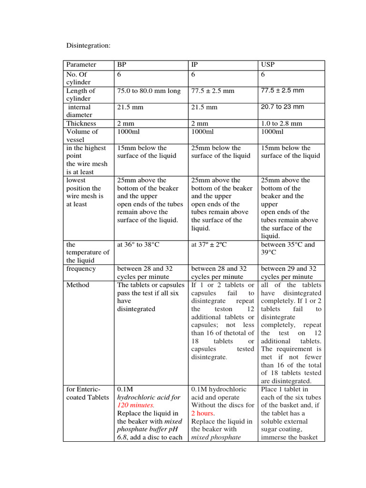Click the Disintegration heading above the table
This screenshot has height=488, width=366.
click(x=88, y=45)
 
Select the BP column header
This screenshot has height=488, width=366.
click(x=122, y=65)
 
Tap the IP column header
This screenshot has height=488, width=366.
click(x=194, y=65)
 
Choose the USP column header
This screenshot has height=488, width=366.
click(x=268, y=65)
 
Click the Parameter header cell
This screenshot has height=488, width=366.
click(x=81, y=65)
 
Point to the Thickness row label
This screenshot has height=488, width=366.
click(x=81, y=123)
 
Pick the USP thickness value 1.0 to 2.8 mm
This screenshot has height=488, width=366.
click(x=282, y=123)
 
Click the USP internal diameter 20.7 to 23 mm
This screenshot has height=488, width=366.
click(x=282, y=107)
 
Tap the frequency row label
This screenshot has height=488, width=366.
click(x=81, y=269)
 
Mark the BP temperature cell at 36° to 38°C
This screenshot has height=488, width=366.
click(x=138, y=244)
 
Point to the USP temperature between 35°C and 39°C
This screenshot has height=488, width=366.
click(x=288, y=248)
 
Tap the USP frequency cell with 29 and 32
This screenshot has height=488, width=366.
click(x=287, y=273)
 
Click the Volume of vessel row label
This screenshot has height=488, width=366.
click(x=82, y=135)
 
